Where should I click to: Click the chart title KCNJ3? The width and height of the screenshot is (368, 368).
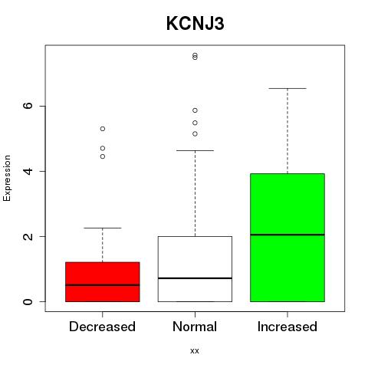point(195,24)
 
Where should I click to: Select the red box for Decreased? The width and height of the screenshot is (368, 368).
point(103,282)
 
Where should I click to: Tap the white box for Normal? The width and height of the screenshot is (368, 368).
point(195,269)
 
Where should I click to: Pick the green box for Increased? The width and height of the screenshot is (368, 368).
point(287,238)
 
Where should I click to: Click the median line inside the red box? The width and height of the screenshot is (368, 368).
point(103,285)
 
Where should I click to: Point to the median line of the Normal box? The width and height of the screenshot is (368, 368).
point(195,278)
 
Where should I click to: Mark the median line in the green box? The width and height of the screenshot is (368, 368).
point(287,235)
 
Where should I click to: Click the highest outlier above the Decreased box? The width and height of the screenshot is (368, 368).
point(103,129)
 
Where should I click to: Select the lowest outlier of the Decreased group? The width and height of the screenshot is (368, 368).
point(103,156)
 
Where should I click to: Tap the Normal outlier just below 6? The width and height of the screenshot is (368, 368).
point(195,110)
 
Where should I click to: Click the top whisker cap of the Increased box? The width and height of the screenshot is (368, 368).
point(287,88)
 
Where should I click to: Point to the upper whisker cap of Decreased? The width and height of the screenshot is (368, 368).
point(103,228)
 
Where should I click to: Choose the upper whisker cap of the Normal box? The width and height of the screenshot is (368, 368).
point(195,151)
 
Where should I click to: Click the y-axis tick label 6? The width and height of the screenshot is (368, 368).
point(28,106)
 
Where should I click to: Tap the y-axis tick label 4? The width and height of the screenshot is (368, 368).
point(28,171)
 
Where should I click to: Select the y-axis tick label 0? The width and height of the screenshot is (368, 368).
point(28,301)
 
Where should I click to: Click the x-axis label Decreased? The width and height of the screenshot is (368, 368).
point(102,327)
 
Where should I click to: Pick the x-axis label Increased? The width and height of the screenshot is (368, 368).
point(287,327)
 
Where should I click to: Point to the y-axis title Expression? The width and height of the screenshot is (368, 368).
point(7,178)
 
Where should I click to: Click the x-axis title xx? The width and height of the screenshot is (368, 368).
point(195,351)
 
